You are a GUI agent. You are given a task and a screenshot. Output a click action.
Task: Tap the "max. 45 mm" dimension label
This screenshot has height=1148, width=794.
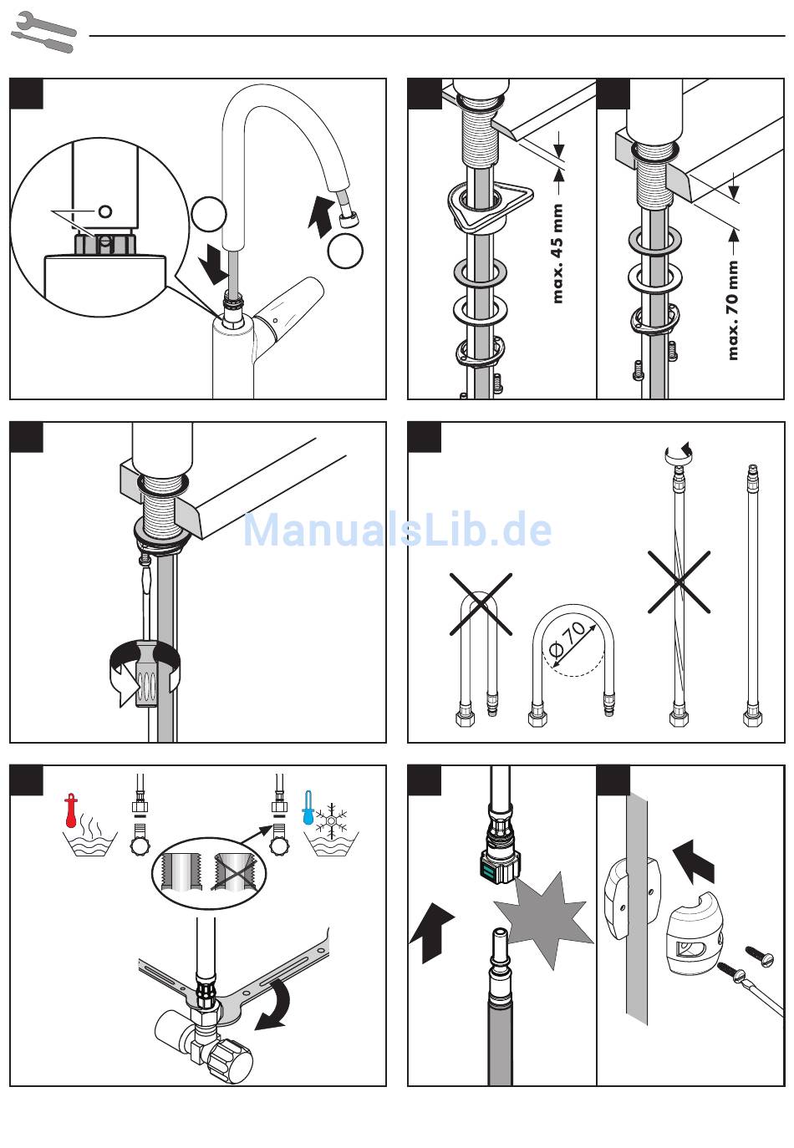(557, 254)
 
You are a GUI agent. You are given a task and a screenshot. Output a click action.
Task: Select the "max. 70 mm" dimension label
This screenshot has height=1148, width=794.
(733, 310)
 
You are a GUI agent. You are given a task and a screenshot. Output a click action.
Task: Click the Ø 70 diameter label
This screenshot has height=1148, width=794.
(573, 639)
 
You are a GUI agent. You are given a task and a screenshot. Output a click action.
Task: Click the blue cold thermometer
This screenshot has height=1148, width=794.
(308, 810)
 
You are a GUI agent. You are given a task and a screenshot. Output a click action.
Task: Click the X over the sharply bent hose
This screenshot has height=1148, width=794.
(481, 603)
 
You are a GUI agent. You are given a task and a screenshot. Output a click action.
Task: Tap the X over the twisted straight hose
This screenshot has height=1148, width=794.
(679, 582)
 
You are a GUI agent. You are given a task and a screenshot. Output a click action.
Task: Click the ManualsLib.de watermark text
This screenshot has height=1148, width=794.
(397, 530)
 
